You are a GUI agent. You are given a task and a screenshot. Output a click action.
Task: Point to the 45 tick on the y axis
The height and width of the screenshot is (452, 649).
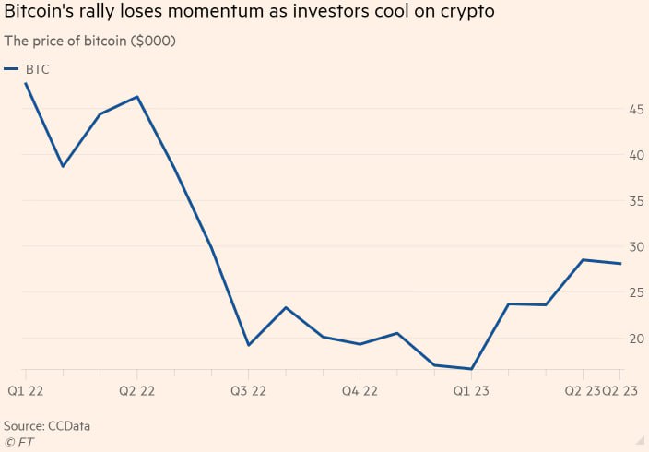tap(635, 110)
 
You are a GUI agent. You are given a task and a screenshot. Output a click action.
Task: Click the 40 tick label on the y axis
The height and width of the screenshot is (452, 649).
tap(635, 155)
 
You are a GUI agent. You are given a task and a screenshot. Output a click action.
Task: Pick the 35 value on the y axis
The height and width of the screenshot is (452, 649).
tap(635, 201)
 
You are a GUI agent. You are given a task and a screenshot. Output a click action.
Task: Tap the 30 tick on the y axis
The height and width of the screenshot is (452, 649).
tap(635, 247)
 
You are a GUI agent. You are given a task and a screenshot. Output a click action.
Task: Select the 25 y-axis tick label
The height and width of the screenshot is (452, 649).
tap(635, 293)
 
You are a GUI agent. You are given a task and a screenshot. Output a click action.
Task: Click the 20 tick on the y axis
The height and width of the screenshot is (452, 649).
tap(635, 339)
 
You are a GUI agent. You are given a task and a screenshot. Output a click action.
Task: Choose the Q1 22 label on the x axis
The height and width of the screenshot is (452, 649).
tap(25, 391)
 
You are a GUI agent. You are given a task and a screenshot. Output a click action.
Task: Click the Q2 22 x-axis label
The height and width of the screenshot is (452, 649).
tap(137, 391)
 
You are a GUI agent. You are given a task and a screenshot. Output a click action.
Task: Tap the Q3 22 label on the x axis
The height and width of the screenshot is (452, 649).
tap(249, 391)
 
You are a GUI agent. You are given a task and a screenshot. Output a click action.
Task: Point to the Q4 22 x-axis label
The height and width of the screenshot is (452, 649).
tap(360, 391)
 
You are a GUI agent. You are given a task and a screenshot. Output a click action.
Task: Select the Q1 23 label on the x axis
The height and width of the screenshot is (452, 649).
tap(471, 391)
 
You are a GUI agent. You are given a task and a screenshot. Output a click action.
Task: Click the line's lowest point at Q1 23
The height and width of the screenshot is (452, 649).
tap(471, 369)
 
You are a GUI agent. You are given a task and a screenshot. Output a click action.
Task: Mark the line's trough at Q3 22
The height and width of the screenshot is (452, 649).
tap(249, 345)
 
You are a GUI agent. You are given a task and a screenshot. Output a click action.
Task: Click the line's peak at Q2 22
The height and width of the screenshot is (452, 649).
tap(137, 96)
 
